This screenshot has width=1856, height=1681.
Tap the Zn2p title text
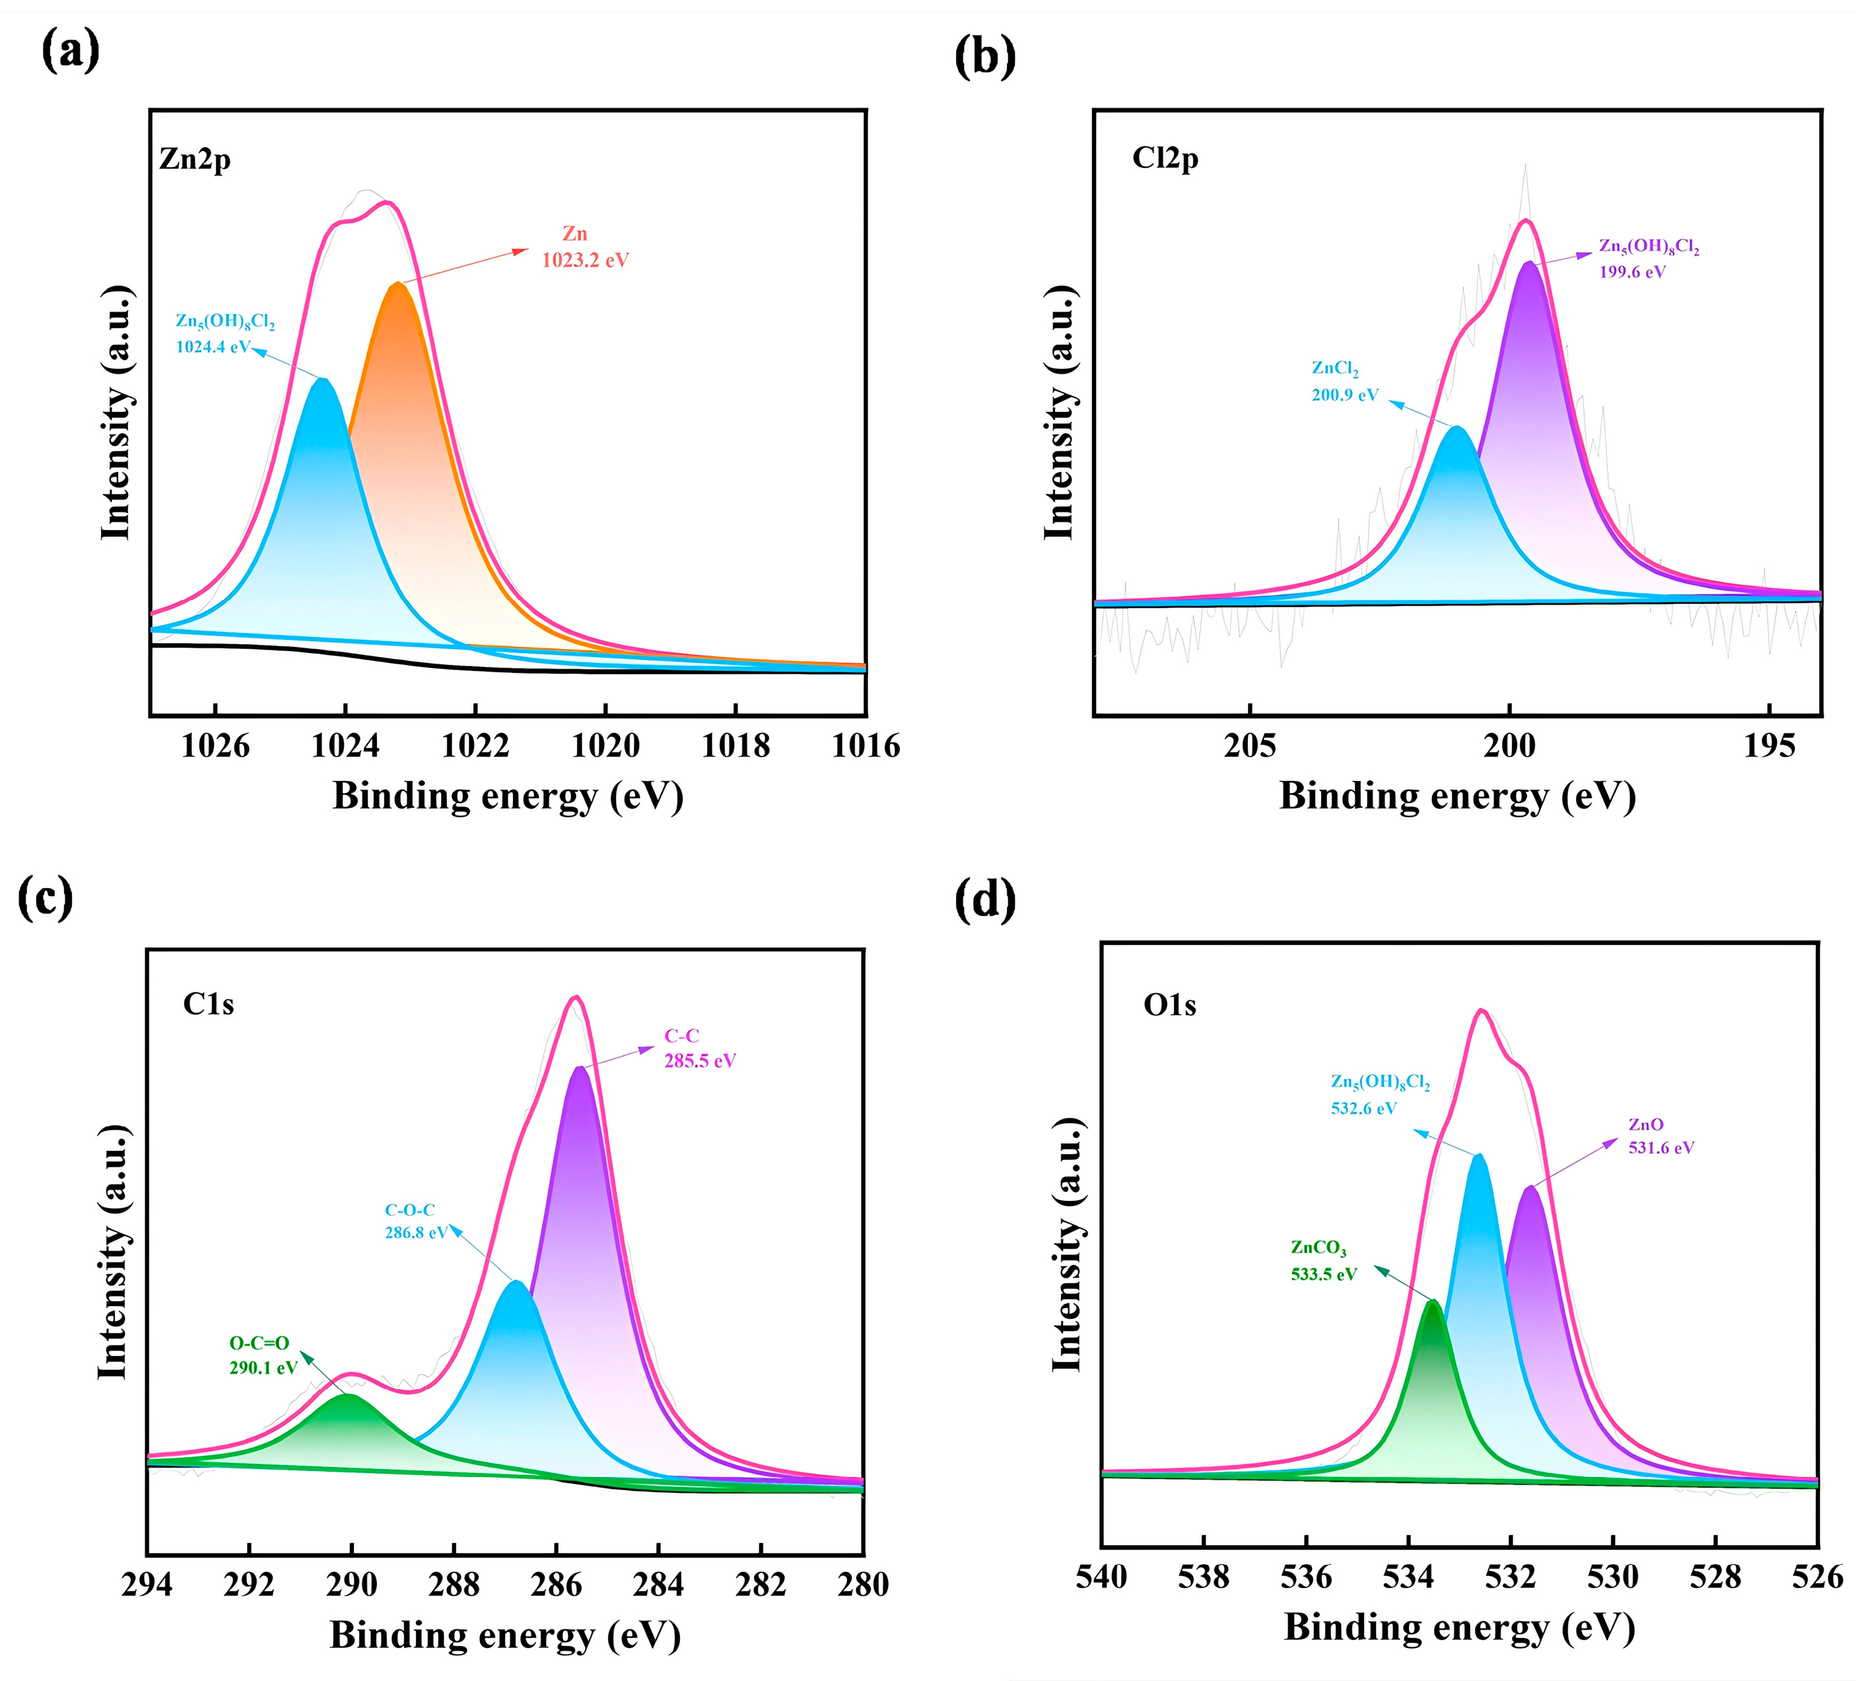pyautogui.click(x=194, y=159)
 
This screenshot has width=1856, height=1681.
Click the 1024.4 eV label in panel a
pyautogui.click(x=213, y=347)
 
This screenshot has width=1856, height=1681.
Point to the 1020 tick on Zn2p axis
pyautogui.click(x=605, y=745)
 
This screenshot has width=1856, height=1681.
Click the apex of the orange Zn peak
pyautogui.click(x=397, y=285)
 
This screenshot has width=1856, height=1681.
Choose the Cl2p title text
pyautogui.click(x=1165, y=158)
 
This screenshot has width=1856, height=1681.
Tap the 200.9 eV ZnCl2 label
pyautogui.click(x=1344, y=395)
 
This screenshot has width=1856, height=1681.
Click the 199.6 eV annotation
pyautogui.click(x=1632, y=271)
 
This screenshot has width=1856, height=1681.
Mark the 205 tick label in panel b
pyautogui.click(x=1249, y=745)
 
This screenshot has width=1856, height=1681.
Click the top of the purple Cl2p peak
pyautogui.click(x=1529, y=263)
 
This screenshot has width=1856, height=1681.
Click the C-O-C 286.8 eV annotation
pyautogui.click(x=415, y=1232)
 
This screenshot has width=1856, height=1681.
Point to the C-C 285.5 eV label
pyautogui.click(x=700, y=1060)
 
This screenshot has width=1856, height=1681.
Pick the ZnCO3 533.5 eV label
pyautogui.click(x=1323, y=1274)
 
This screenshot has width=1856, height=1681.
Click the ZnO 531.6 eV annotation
pyautogui.click(x=1661, y=1147)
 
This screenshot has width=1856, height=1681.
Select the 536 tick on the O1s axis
pyautogui.click(x=1305, y=1577)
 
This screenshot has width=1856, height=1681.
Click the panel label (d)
pyautogui.click(x=985, y=899)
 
